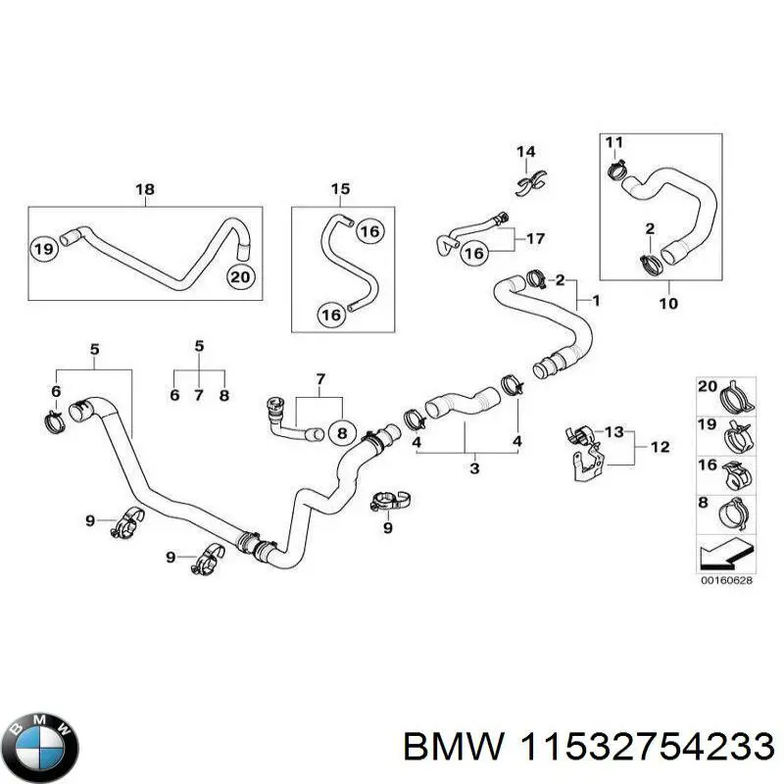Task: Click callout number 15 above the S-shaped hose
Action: [340, 189]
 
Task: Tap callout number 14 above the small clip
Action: [526, 151]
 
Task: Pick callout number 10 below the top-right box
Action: [667, 304]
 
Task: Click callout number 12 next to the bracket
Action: [660, 448]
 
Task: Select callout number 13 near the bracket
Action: [613, 432]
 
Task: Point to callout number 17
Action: [536, 238]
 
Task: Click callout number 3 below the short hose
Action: [474, 469]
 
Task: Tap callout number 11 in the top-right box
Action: [613, 143]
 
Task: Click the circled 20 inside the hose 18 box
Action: [241, 277]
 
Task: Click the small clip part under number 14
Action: [528, 181]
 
